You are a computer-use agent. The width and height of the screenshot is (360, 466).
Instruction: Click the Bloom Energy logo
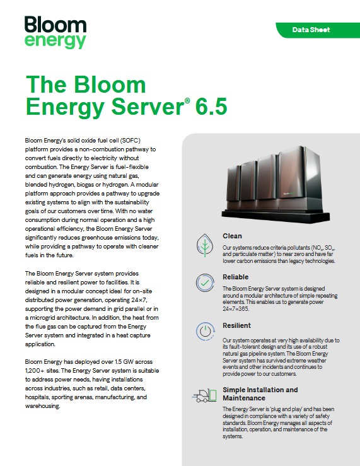click(55, 32)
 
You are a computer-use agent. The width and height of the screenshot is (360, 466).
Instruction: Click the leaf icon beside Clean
click(204, 244)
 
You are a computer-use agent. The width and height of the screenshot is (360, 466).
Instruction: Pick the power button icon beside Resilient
click(204, 332)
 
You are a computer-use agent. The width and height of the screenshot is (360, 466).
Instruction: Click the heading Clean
click(232, 236)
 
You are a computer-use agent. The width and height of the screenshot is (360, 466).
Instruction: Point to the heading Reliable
click(236, 277)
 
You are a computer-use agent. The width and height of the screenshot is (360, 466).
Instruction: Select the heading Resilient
click(237, 325)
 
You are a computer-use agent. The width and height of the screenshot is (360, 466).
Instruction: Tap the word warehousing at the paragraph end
click(42, 407)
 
